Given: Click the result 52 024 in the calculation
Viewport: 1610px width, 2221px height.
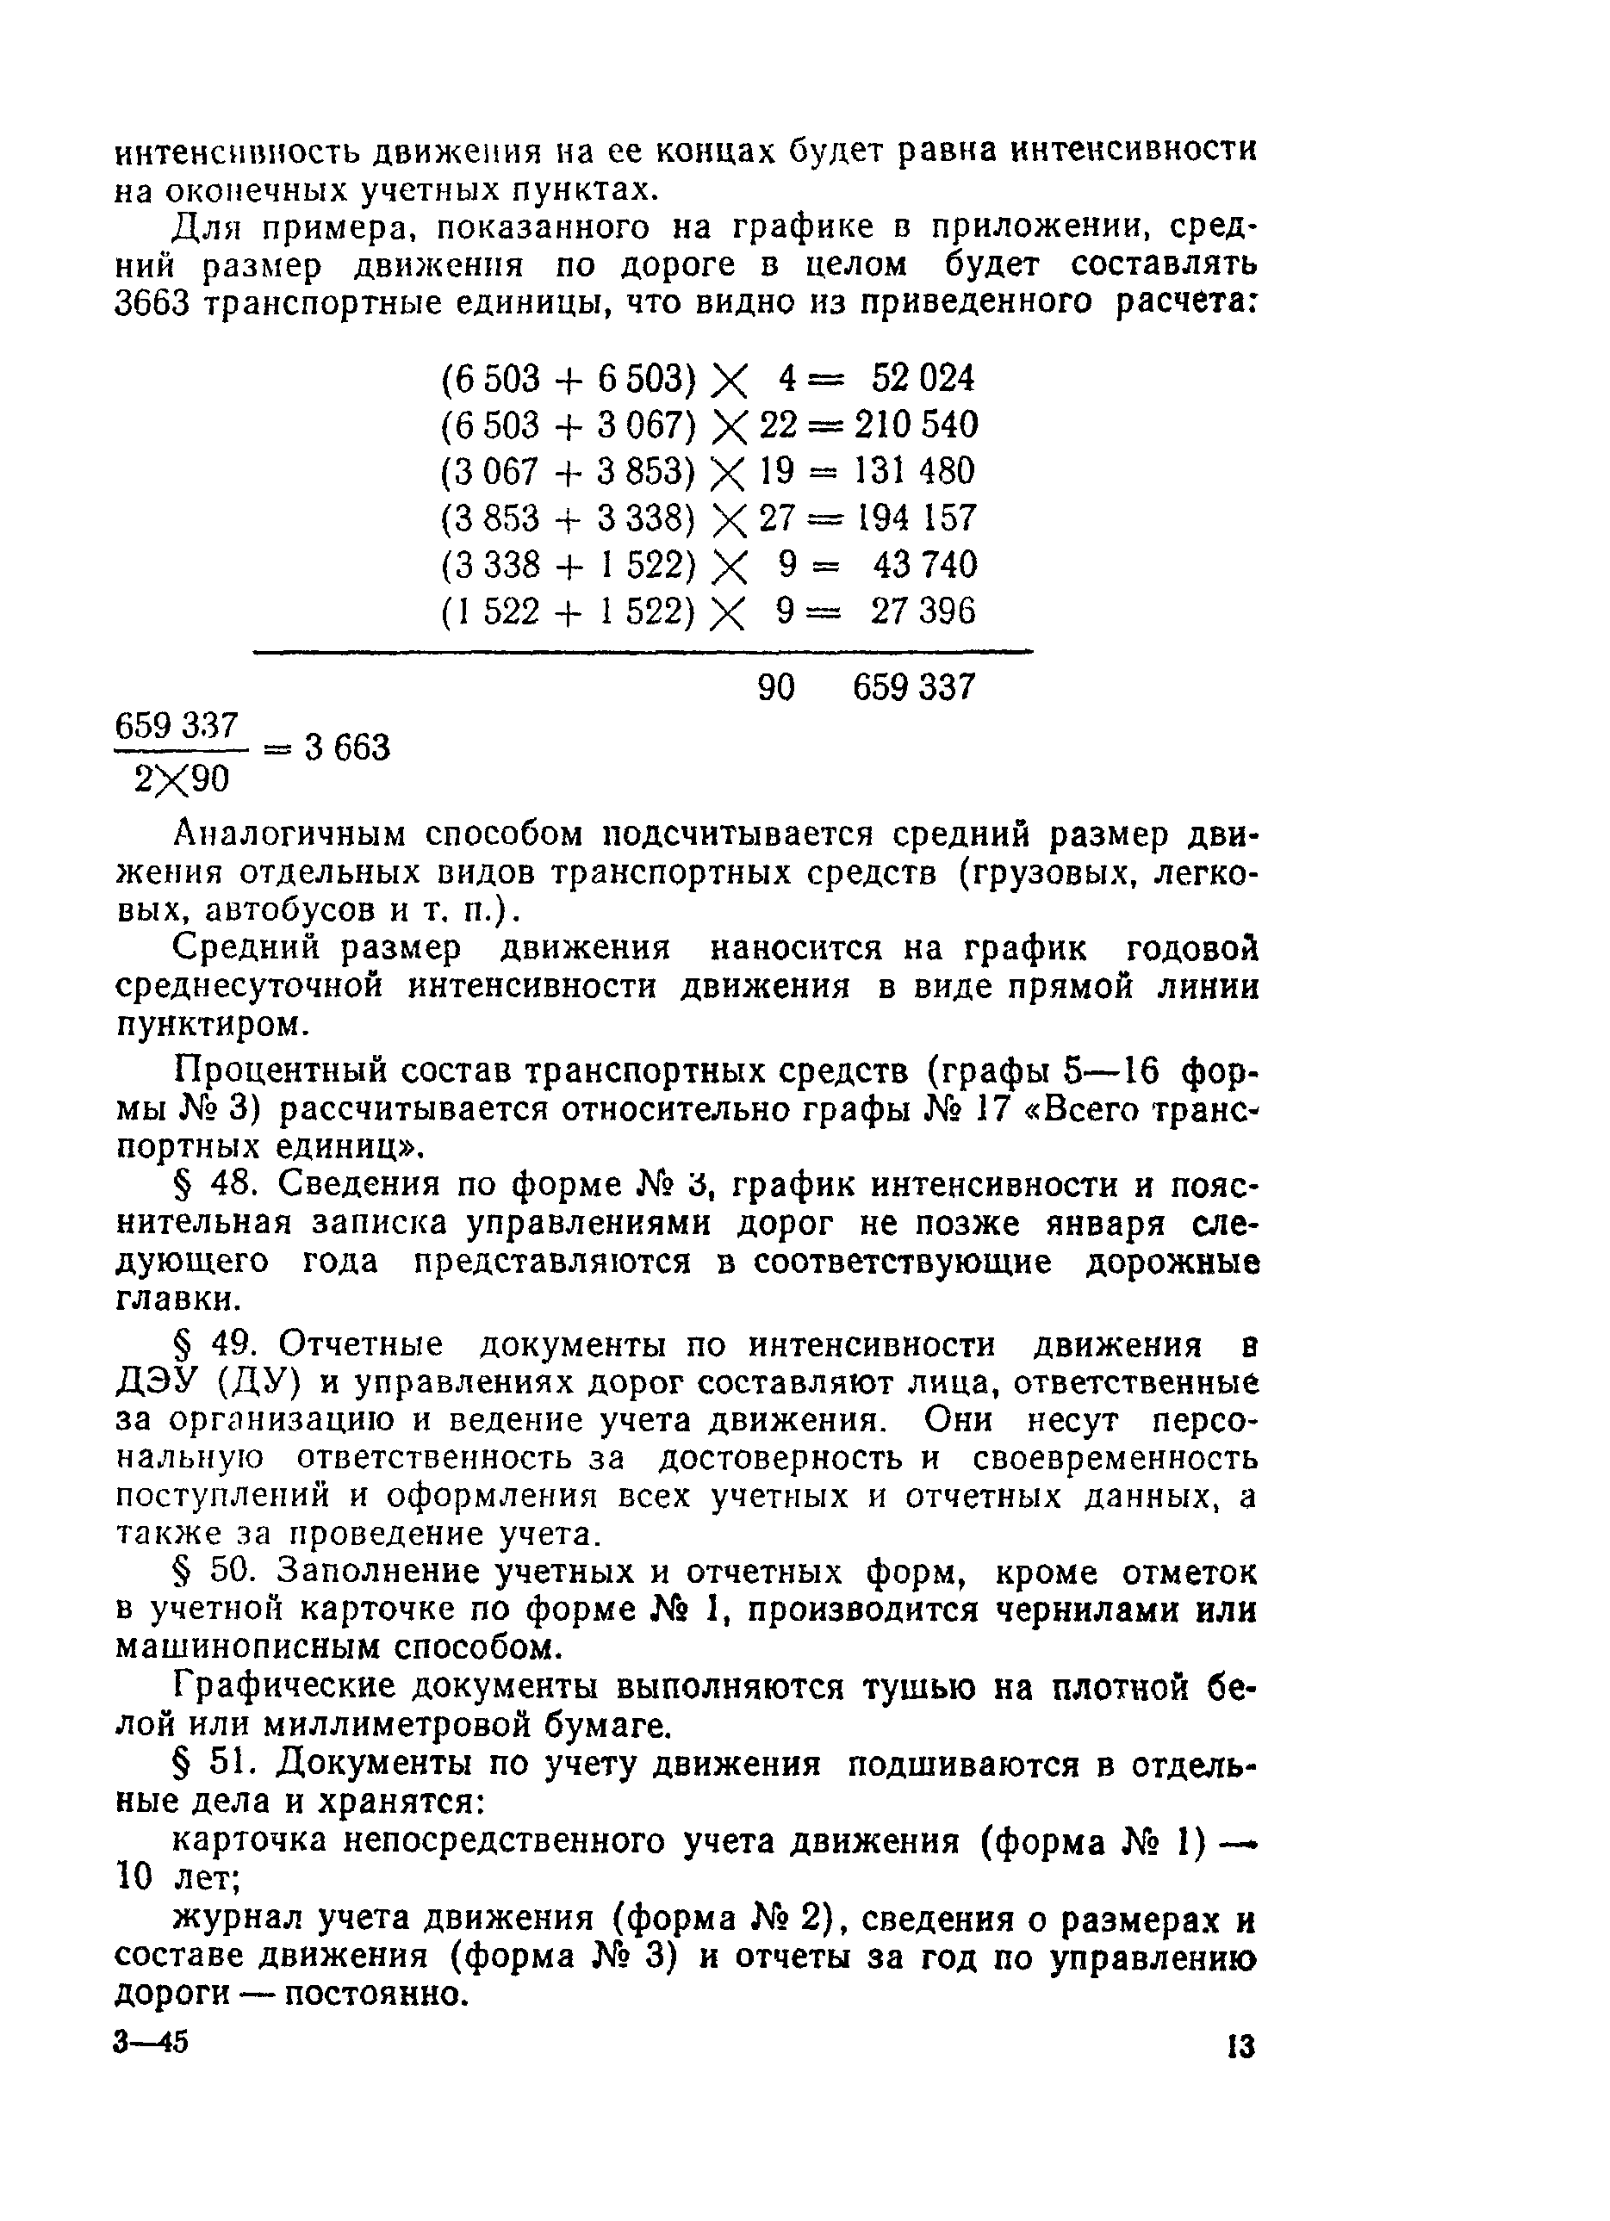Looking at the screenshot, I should (923, 378).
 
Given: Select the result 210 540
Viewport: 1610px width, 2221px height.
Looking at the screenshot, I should (916, 425).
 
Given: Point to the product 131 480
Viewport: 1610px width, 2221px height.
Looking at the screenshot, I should (915, 472).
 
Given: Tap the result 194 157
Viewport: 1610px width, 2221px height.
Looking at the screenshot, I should (917, 518).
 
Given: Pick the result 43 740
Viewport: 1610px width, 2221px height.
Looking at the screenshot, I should (923, 565).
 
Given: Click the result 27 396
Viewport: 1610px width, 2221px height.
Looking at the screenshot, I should (923, 612).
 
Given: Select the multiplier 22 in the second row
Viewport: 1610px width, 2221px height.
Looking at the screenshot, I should (779, 425).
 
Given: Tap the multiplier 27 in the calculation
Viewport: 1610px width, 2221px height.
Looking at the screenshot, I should (779, 518).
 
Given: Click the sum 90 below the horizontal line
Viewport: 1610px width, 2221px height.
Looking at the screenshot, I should (777, 687).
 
